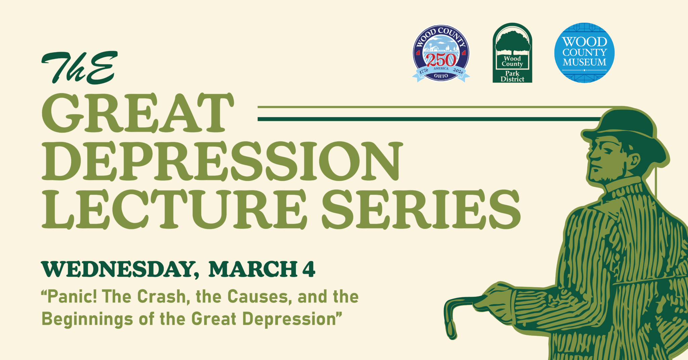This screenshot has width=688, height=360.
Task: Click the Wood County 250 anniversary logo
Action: (441, 54)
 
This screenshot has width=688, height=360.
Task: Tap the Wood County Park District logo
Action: (512, 54)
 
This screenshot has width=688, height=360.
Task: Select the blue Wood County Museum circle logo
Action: (584, 53)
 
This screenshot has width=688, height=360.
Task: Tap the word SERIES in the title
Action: (422, 209)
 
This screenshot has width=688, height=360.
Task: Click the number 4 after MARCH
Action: (308, 269)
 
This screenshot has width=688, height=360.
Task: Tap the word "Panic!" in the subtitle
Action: (69, 297)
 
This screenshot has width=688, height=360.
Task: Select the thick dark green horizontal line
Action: (427, 119)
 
